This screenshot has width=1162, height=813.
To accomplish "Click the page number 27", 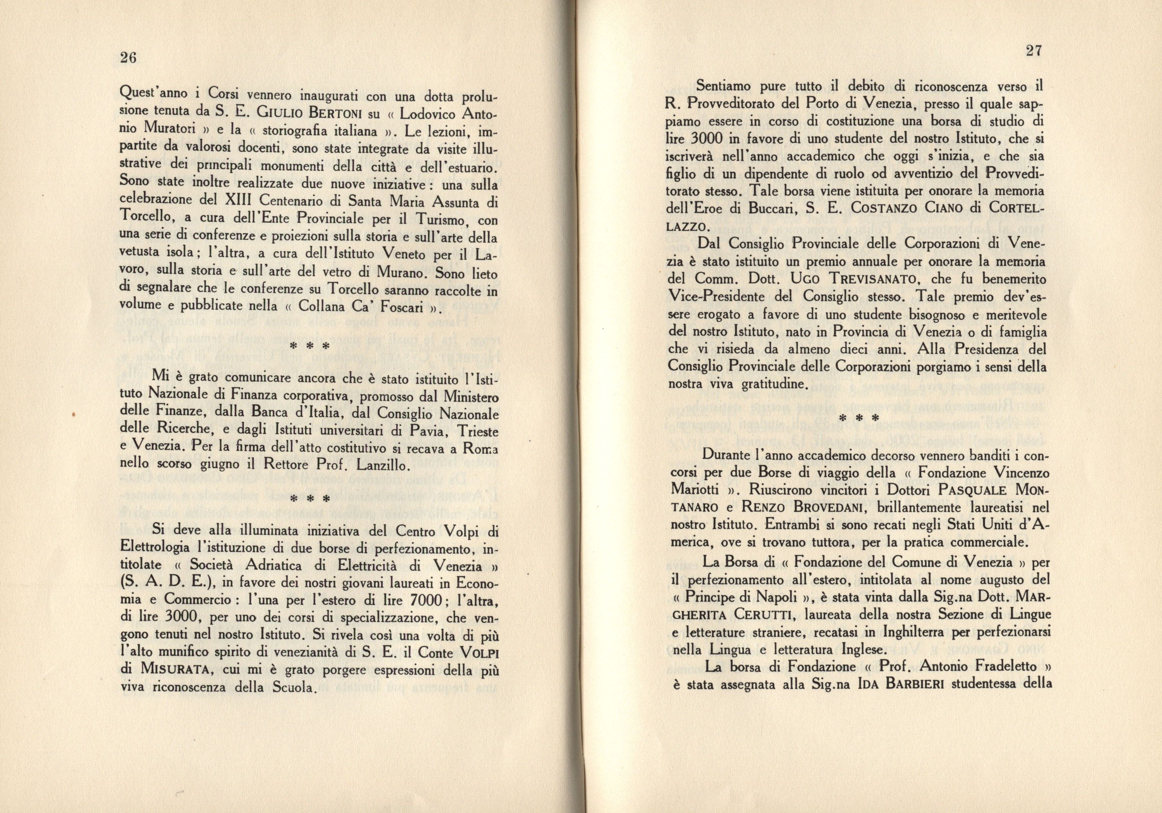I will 1033,51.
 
